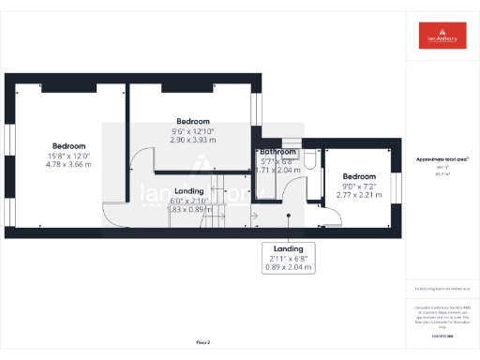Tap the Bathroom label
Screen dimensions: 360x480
pos(278,152)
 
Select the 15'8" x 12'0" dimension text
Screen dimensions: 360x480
pos(68,156)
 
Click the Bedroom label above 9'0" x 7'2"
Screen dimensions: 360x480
pos(358,176)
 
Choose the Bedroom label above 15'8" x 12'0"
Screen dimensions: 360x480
pos(68,146)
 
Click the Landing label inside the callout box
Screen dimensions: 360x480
pos(288,248)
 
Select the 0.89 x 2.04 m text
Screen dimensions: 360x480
pos(288,267)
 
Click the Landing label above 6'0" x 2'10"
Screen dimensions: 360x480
pos(189,191)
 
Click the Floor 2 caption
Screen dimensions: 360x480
pos(203,342)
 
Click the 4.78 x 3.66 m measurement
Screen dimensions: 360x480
pos(68,165)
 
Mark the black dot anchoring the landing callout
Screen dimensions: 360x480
pos(288,215)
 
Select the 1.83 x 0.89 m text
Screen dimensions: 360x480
pos(189,210)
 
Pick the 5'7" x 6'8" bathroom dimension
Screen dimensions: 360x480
pos(277,161)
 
